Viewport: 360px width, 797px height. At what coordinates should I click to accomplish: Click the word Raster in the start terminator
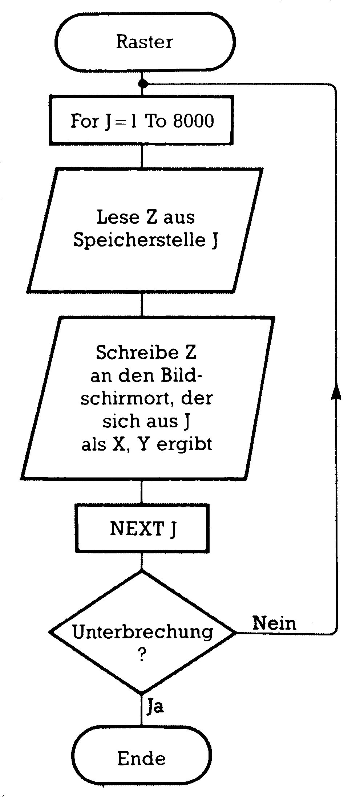tap(144, 42)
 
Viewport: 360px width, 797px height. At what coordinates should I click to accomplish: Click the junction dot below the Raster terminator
tap(143, 84)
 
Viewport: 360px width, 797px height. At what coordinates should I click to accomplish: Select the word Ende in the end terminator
tap(141, 759)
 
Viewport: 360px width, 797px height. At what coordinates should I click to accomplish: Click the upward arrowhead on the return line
tap(336, 392)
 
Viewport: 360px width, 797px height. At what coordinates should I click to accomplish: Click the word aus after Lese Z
tap(179, 218)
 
